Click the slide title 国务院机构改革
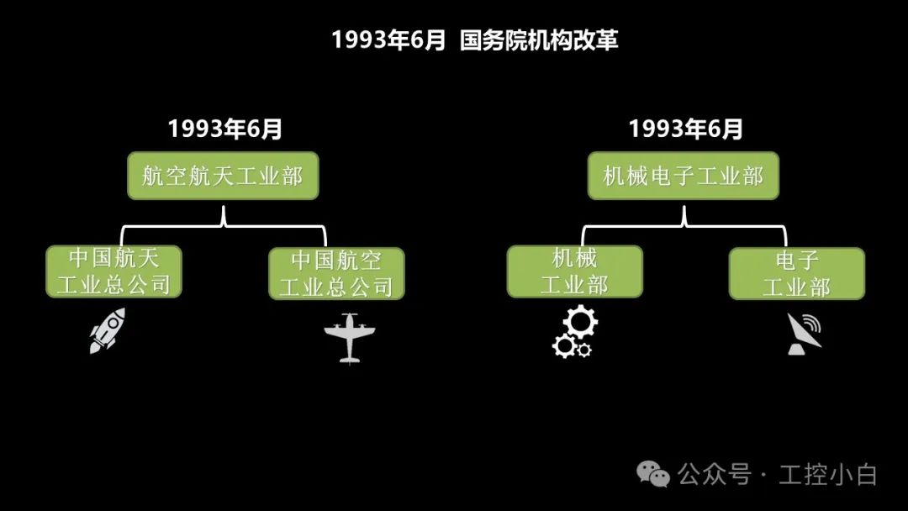[539, 40]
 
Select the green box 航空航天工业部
[223, 176]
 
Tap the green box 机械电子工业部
[683, 176]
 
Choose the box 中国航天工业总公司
[113, 271]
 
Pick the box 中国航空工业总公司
[336, 273]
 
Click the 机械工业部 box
[574, 271]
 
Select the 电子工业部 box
[796, 273]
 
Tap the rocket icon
[108, 329]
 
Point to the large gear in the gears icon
[579, 323]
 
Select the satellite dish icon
[803, 334]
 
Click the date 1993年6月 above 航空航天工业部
[225, 129]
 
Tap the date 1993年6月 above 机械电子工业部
[686, 129]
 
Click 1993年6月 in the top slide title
[388, 40]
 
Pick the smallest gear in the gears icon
[584, 349]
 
